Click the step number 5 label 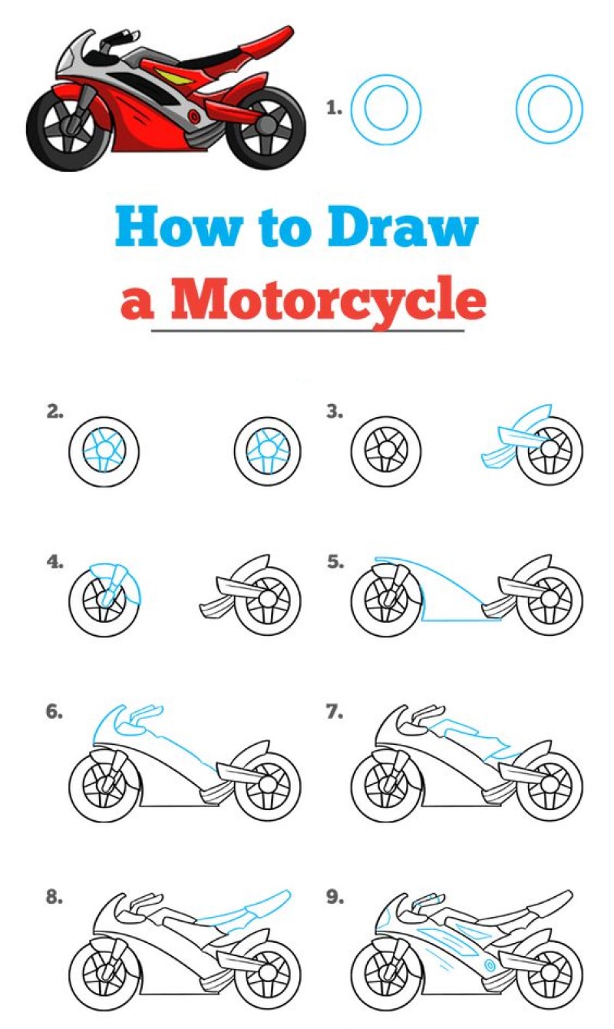[335, 562]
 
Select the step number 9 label [335, 897]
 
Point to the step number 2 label [54, 412]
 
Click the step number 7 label [335, 713]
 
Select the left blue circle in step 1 [385, 108]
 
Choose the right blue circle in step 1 [550, 108]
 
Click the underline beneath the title [307, 331]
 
